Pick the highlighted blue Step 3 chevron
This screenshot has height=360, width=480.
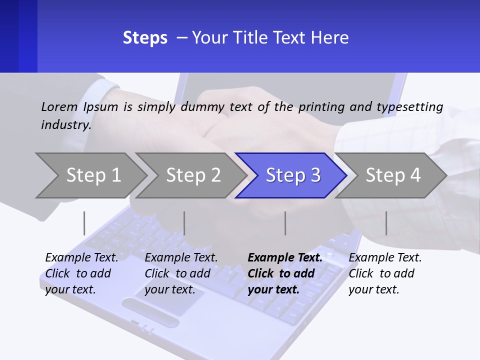[292, 175]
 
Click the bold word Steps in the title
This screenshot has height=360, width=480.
[145, 38]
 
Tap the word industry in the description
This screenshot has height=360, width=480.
[65, 124]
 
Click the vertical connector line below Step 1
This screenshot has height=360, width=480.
[84, 223]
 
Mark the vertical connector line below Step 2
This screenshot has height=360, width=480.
[184, 223]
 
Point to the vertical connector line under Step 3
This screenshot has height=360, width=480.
[285, 223]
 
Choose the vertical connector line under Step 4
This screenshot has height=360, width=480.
[386, 223]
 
